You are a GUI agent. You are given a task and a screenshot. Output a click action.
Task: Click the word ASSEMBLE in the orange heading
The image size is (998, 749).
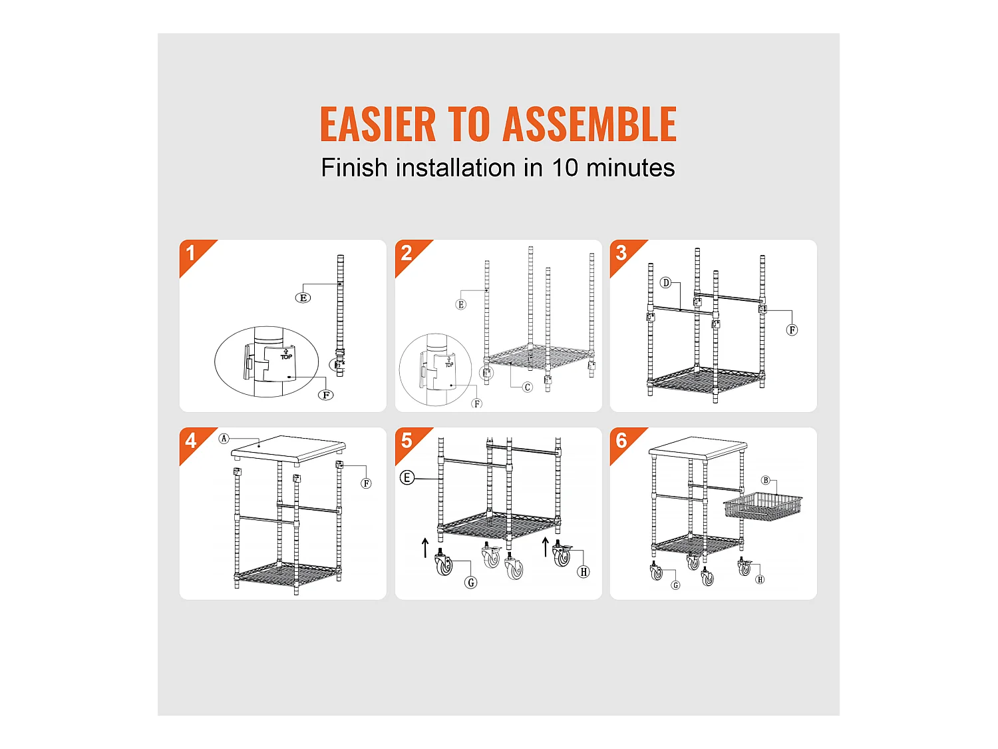589,124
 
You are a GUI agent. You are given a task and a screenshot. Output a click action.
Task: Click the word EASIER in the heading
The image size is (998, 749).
377,124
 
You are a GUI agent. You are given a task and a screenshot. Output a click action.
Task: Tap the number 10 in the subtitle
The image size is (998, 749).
565,168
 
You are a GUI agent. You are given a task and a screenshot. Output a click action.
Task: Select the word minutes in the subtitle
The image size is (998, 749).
630,168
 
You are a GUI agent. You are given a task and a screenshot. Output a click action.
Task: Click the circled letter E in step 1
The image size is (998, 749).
303,298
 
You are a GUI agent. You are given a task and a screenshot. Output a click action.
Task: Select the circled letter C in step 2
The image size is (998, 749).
527,387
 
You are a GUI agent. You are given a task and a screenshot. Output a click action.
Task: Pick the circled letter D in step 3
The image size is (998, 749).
665,283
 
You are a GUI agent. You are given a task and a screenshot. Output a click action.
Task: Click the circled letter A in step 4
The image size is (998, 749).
224,438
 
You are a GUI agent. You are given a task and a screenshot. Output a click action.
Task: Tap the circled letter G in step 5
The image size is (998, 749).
471,582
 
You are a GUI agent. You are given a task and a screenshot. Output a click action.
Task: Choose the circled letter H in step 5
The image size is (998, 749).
583,572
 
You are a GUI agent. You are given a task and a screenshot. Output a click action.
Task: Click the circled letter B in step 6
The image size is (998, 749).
766,480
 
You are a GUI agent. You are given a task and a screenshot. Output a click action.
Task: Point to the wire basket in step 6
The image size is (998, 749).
763,507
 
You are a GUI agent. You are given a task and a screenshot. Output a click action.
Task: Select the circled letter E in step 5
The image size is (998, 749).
407,478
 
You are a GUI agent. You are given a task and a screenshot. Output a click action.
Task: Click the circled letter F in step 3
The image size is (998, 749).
792,330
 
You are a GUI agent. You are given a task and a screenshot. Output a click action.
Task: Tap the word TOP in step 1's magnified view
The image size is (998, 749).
286,357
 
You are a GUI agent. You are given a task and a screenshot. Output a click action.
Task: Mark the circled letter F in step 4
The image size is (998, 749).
366,483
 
